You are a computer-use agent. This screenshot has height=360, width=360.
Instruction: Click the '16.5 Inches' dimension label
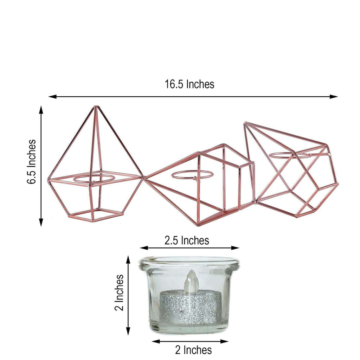tap(189, 84)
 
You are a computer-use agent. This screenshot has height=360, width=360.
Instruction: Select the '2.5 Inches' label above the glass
tap(187, 240)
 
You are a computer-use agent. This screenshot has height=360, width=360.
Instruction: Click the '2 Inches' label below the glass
tap(193, 350)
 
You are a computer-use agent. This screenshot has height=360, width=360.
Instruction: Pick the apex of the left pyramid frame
tap(94, 107)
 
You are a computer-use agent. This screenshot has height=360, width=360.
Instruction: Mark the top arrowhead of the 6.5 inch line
tap(41, 109)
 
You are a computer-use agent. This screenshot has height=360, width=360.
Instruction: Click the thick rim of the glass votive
tap(189, 262)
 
